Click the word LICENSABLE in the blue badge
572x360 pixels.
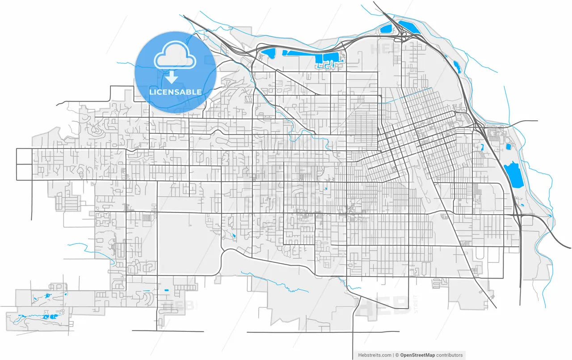tap(175, 92)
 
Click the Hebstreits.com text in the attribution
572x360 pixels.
tap(375, 355)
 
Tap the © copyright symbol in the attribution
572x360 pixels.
tap(397, 355)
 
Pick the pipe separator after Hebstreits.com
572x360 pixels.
tap(393, 355)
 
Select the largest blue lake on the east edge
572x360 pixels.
tap(514, 176)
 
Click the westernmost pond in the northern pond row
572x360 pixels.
tap(269, 55)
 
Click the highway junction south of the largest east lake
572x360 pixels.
tap(519, 215)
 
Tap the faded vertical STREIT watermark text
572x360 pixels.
tap(416, 304)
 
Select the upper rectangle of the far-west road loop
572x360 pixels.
tap(24, 157)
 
